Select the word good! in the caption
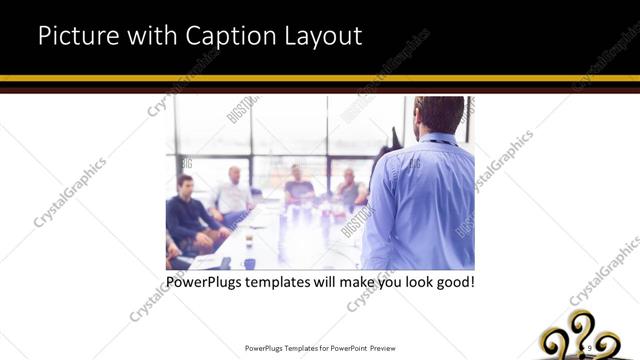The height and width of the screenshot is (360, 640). click(452, 283)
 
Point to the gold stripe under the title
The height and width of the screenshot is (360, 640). click(320, 78)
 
